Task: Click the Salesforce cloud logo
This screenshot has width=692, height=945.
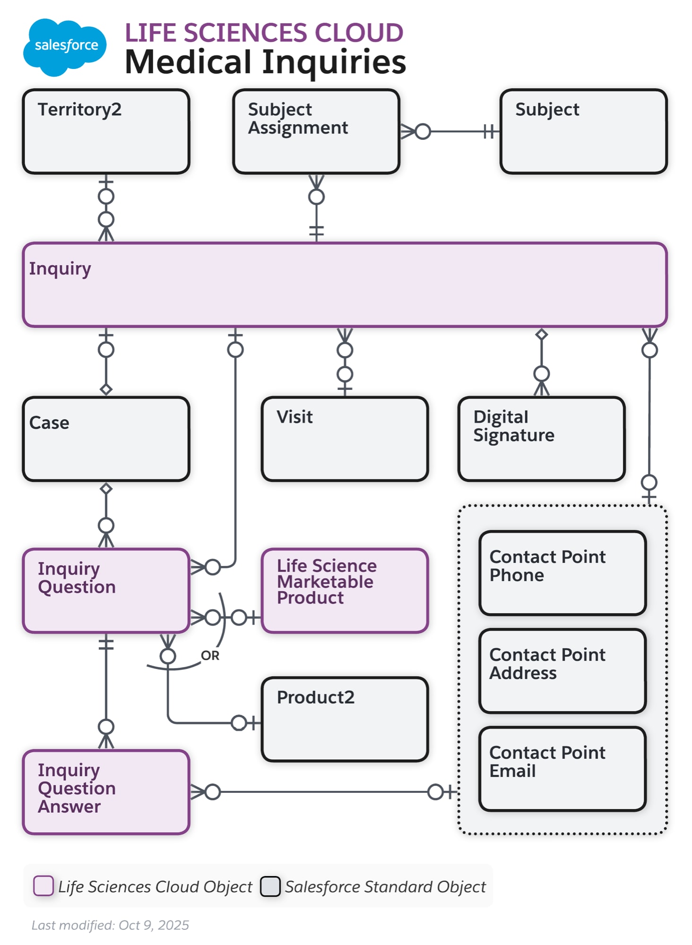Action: pos(65,47)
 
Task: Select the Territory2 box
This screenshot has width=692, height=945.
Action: pos(106,131)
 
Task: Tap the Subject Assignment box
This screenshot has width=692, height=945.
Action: pos(316,131)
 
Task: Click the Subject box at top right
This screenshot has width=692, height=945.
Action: pos(583,131)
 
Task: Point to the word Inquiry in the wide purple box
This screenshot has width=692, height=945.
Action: pos(60,268)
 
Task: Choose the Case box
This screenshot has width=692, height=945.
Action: pos(106,439)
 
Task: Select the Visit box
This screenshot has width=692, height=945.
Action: pos(345,439)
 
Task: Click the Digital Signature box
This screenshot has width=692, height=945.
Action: pos(541,439)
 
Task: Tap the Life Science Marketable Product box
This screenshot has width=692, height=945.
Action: pos(345,590)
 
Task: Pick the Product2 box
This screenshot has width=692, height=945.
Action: pos(345,719)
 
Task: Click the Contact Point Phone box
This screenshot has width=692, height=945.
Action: pos(562,573)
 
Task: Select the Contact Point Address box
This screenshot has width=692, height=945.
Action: pos(562,670)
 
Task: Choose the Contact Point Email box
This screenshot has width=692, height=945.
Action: pos(562,768)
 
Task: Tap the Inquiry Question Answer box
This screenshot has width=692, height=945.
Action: pos(106,791)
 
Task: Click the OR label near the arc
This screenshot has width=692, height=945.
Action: pos(210,655)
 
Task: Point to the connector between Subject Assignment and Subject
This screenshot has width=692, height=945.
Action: pos(454,131)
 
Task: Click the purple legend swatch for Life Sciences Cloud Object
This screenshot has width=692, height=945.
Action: pos(43,885)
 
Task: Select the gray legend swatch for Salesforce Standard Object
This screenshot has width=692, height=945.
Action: pos(270,886)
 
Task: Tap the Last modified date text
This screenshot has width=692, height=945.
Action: pos(110,925)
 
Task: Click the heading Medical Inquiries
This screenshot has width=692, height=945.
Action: pos(265,62)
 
